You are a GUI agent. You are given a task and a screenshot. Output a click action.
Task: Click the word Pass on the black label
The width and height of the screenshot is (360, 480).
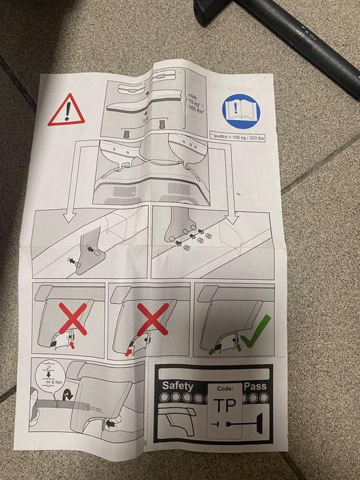click(256, 387)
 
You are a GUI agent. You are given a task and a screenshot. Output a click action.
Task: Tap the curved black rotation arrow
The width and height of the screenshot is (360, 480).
click(67, 396)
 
